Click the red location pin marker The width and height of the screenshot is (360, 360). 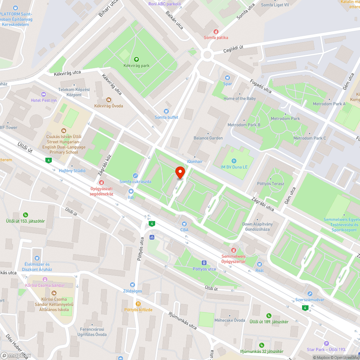tap(180, 172)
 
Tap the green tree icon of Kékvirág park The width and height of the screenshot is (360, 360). tap(136, 59)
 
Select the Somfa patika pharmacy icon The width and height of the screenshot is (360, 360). tap(216, 32)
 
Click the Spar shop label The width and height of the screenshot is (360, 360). tap(228, 84)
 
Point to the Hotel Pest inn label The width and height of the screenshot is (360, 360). tap(44, 100)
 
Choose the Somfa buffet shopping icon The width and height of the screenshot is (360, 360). tap(166, 111)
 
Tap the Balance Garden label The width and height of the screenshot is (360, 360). tap(208, 138)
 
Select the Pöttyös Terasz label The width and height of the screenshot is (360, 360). tap(270, 184)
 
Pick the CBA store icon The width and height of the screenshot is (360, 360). tap(184, 224)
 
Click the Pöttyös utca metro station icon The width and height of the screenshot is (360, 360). tap(204, 263)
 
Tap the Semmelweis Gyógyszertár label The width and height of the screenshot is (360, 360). tap(233, 258)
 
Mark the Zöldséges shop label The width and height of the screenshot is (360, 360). tap(132, 291)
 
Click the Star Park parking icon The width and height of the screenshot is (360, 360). tap(326, 343)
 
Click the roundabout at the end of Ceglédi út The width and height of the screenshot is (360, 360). tap(207, 55)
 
